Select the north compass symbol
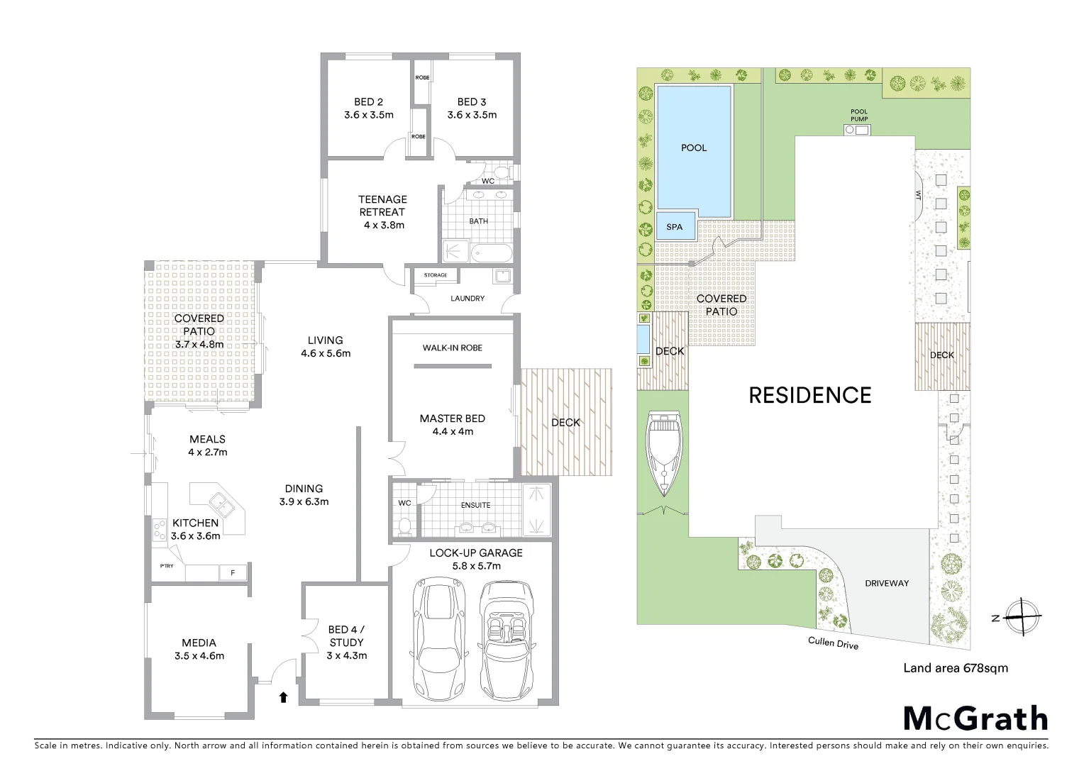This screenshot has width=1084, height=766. pyautogui.click(x=1021, y=616)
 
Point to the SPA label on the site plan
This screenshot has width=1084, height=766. pyautogui.click(x=675, y=227)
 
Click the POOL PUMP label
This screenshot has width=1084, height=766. pyautogui.click(x=858, y=116)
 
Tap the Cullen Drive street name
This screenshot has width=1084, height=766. pyautogui.click(x=833, y=643)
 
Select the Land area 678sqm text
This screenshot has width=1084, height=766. pyautogui.click(x=955, y=667)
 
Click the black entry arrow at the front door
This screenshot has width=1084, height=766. pyautogui.click(x=283, y=697)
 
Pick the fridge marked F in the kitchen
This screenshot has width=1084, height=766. pyautogui.click(x=232, y=572)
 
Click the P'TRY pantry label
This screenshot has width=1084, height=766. pyautogui.click(x=167, y=565)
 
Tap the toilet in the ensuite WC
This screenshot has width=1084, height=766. pyautogui.click(x=405, y=525)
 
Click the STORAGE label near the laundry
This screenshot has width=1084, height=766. pyautogui.click(x=436, y=275)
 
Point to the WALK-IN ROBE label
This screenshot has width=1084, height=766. pyautogui.click(x=452, y=348)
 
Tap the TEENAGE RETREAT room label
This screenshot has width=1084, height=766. pyautogui.click(x=382, y=206)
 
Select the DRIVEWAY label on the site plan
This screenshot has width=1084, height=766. pyautogui.click(x=887, y=583)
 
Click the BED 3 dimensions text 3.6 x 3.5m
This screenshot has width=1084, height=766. pyautogui.click(x=472, y=115)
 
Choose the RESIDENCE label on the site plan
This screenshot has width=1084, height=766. pyautogui.click(x=810, y=395)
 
